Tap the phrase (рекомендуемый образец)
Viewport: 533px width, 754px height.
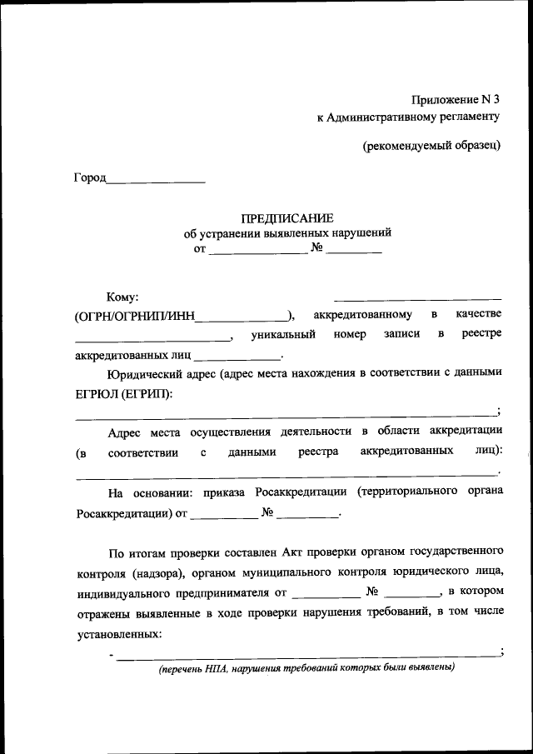[x=431, y=145]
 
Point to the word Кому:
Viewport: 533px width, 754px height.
[x=122, y=297]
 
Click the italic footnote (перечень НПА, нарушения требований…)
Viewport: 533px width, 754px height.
[x=307, y=668]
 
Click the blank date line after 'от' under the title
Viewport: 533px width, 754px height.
[x=257, y=250]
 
